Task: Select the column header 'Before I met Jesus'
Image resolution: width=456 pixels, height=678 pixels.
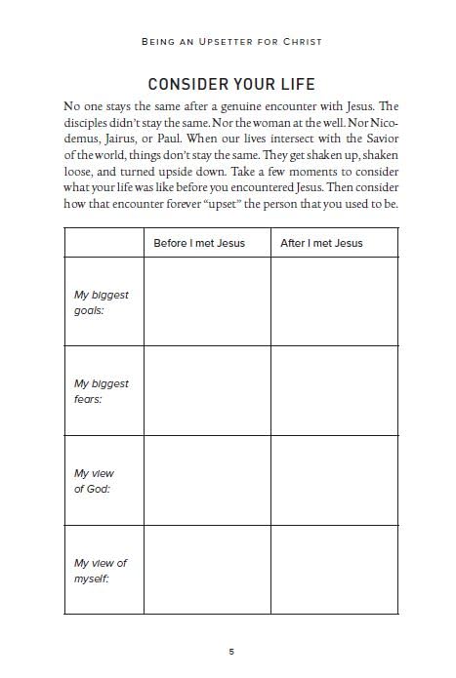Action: coord(199,242)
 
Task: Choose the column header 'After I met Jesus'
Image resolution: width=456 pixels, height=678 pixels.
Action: coord(321,242)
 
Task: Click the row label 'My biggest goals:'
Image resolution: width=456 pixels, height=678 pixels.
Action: coord(102,301)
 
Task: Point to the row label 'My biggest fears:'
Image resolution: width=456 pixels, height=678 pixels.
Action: coord(102,391)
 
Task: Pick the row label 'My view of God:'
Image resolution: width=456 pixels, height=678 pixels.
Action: coord(95,481)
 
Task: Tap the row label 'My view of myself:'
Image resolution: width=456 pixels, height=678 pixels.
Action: coord(101,571)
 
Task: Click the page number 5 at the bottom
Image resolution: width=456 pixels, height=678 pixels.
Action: coord(231,651)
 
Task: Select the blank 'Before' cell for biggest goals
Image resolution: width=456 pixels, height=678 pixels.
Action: coord(206,301)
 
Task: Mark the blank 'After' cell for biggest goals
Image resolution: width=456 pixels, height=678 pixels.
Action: coord(335,301)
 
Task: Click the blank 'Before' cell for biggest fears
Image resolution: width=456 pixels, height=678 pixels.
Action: coord(206,391)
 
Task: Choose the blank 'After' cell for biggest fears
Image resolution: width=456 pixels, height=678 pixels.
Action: coord(335,391)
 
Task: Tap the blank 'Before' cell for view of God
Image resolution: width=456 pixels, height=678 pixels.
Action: coord(206,481)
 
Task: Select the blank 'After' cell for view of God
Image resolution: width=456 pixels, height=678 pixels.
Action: coord(335,481)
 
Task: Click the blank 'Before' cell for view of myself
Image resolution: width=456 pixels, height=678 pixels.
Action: coord(206,571)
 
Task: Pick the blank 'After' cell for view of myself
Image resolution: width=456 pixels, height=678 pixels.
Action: coord(335,571)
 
